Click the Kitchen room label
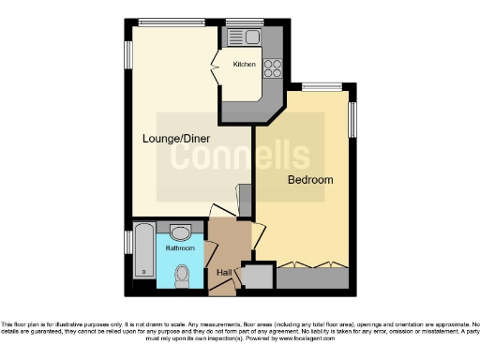point(245,64)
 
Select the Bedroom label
point(310,178)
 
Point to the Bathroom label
point(181,248)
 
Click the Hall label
point(224,272)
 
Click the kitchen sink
point(253,37)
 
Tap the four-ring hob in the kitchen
point(273,67)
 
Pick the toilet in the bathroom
point(183,275)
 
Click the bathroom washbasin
point(182,231)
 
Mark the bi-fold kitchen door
point(217,69)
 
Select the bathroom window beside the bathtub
point(127,242)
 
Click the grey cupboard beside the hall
point(258,277)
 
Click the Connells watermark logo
point(239,155)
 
